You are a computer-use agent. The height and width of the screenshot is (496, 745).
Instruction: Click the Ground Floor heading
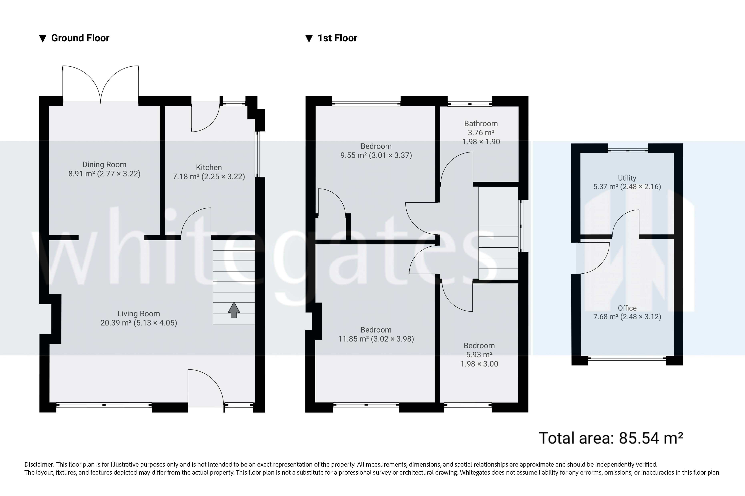[x=80, y=38]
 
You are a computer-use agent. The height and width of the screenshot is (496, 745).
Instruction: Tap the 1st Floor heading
[x=337, y=38]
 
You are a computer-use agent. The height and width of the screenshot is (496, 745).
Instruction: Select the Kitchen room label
[x=209, y=167]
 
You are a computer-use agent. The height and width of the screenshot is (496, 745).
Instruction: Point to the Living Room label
[x=138, y=314]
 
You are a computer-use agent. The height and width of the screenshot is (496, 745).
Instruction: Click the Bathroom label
[x=481, y=124]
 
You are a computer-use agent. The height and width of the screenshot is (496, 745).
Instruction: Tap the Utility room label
[x=627, y=178]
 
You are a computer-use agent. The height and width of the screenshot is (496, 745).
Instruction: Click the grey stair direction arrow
[x=234, y=310]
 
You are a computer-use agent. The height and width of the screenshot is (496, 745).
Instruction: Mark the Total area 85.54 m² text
[x=611, y=438]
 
